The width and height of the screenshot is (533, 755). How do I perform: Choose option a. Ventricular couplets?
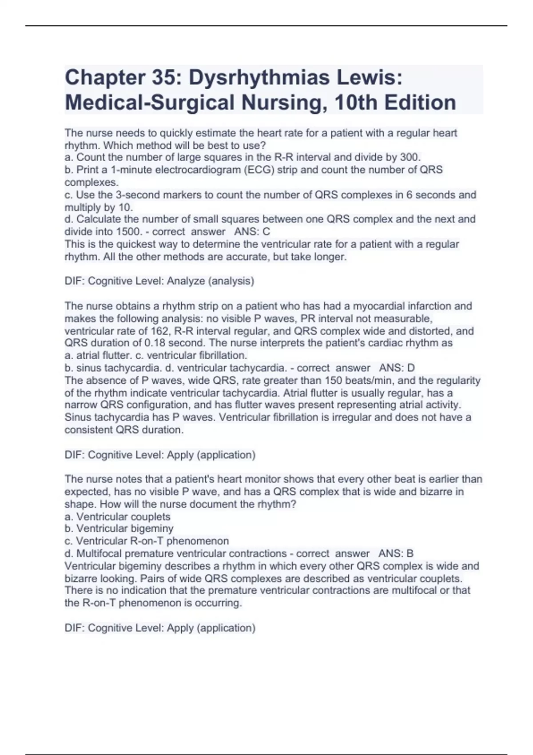[x=118, y=517]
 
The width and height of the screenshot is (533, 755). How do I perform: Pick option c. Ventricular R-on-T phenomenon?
[x=147, y=541]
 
